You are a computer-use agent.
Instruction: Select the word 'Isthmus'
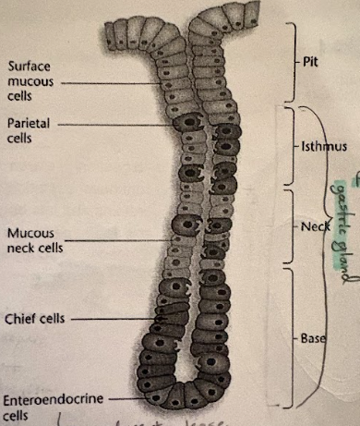[x=321, y=147]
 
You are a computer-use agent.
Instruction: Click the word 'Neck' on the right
[x=313, y=226]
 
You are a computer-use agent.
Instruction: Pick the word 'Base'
[x=311, y=338]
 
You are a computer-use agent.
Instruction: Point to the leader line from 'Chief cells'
[x=111, y=319]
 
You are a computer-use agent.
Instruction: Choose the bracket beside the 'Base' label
[x=294, y=338]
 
